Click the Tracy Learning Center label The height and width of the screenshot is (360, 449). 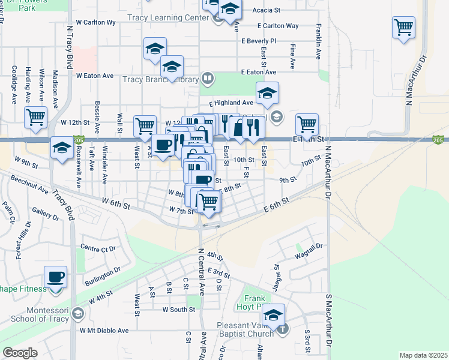[167, 18]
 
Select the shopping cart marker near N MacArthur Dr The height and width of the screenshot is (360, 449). [404, 28]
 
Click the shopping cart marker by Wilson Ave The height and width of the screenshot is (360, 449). [36, 117]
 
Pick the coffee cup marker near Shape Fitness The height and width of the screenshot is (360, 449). [56, 278]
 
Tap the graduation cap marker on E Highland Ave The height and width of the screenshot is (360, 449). [267, 92]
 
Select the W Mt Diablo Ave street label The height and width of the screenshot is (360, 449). [104, 330]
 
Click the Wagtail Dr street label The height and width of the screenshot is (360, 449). [309, 246]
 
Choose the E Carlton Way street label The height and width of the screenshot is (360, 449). [278, 26]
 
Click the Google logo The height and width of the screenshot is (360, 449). [20, 353]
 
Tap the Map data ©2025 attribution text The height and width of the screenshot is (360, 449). [423, 355]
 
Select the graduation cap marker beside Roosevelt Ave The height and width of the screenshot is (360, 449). [62, 148]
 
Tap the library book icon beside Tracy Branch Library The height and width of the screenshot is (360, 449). [207, 78]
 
